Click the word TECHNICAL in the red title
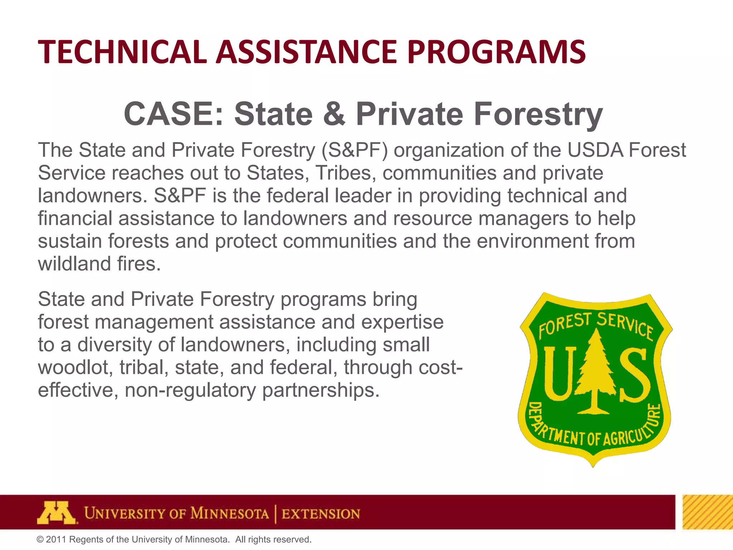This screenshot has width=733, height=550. click(122, 52)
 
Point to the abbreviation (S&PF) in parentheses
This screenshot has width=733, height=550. click(354, 150)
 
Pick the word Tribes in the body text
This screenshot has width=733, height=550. click(344, 173)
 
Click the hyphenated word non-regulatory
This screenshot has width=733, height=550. click(190, 390)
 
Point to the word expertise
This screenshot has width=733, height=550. click(402, 322)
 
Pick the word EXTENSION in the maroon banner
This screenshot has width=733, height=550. click(321, 514)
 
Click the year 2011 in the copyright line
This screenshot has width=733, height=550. click(56, 540)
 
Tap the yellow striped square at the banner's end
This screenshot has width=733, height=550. click(707, 512)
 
